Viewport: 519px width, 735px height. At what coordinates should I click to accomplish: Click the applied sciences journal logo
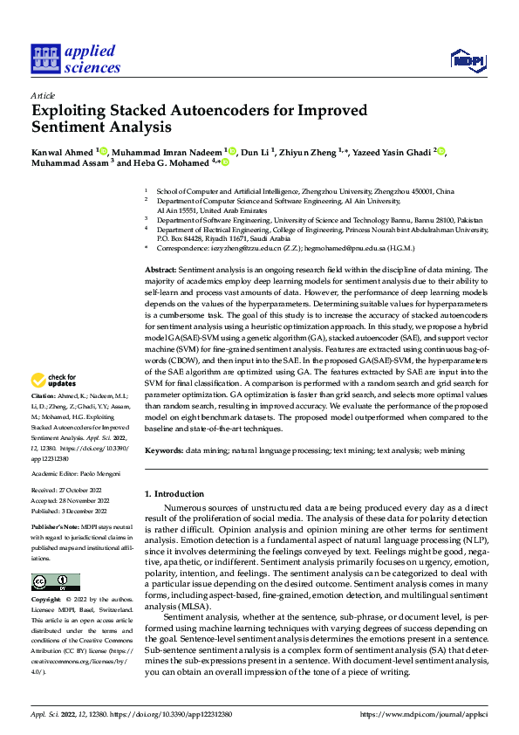pyautogui.click(x=76, y=58)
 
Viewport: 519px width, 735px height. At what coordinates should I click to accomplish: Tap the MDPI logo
pyautogui.click(x=467, y=59)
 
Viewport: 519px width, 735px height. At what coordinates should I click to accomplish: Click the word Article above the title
pyautogui.click(x=43, y=95)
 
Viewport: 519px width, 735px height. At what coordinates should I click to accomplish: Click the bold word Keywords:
pyautogui.click(x=164, y=450)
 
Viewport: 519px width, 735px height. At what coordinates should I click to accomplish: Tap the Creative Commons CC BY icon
pyautogui.click(x=56, y=582)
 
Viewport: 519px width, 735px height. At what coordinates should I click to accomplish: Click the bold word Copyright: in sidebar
pyautogui.click(x=47, y=601)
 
